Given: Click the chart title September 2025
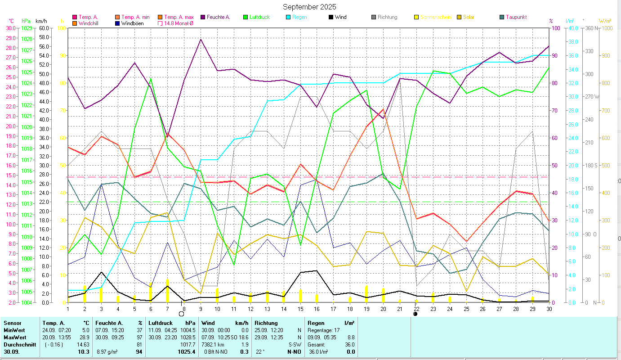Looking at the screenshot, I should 309,7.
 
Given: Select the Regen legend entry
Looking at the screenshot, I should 299,17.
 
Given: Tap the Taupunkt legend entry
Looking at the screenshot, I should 515,17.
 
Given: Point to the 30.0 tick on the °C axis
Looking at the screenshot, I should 9,28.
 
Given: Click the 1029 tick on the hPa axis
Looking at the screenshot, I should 27,28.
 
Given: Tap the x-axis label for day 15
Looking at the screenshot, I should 300,308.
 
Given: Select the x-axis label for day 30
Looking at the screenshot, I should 549,308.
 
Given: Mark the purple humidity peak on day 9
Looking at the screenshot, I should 201,40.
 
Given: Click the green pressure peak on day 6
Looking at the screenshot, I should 151,78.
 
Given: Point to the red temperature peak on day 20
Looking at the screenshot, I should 383,109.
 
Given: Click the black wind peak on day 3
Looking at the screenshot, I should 102,272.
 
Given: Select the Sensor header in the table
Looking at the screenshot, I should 13,323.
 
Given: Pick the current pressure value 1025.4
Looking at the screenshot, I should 187,352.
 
